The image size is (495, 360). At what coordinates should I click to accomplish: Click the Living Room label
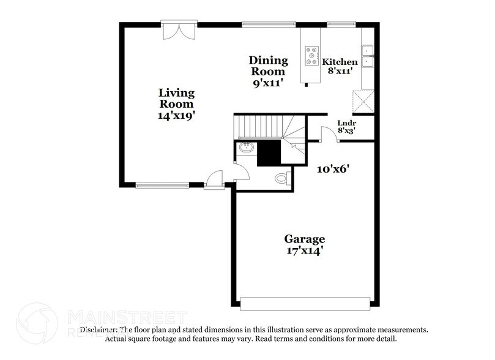(177, 99)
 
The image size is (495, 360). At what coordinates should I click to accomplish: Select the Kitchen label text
(340, 62)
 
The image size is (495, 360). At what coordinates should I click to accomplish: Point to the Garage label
(304, 239)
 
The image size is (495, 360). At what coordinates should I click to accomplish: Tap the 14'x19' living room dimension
(177, 114)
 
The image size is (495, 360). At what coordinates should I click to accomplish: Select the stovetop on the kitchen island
(312, 56)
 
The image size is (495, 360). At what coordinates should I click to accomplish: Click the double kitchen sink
(368, 56)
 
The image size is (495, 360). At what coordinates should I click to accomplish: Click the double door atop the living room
(179, 31)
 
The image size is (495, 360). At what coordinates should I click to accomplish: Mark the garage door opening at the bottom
(305, 303)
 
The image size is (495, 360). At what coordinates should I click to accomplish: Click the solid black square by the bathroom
(269, 152)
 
